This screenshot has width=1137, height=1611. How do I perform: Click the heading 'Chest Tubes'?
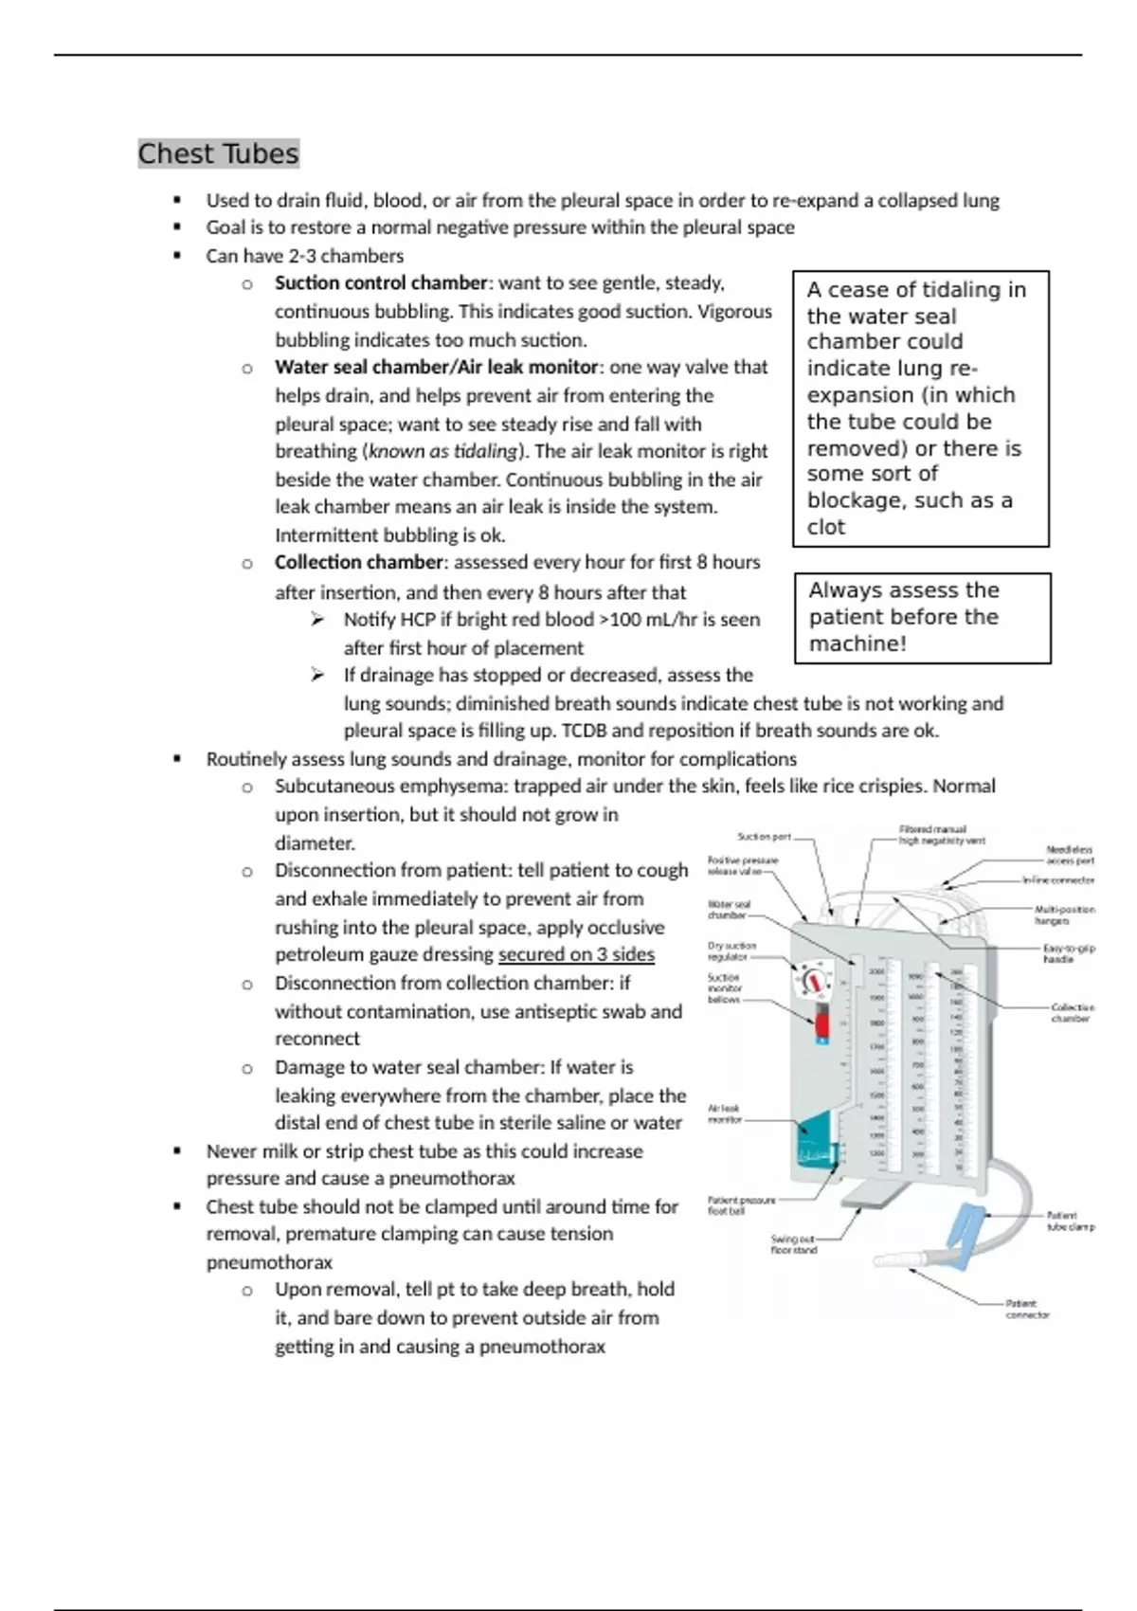[x=218, y=154]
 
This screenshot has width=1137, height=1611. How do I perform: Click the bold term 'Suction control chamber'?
[x=381, y=283]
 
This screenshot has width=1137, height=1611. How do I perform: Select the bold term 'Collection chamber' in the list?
[x=358, y=562]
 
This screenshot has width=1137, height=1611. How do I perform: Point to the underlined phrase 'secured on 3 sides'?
[x=576, y=954]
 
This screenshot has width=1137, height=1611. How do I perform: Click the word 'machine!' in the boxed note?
[x=857, y=643]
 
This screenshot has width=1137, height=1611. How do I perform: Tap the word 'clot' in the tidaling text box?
[x=825, y=527]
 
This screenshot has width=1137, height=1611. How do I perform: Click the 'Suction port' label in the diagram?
[x=764, y=837]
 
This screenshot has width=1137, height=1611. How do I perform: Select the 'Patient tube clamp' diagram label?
[x=1070, y=1221]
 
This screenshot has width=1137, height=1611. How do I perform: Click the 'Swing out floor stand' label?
[x=793, y=1244]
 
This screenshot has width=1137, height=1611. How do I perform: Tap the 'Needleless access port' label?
[x=1070, y=855]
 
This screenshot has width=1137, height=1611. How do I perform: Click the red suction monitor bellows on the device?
[x=821, y=1025]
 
